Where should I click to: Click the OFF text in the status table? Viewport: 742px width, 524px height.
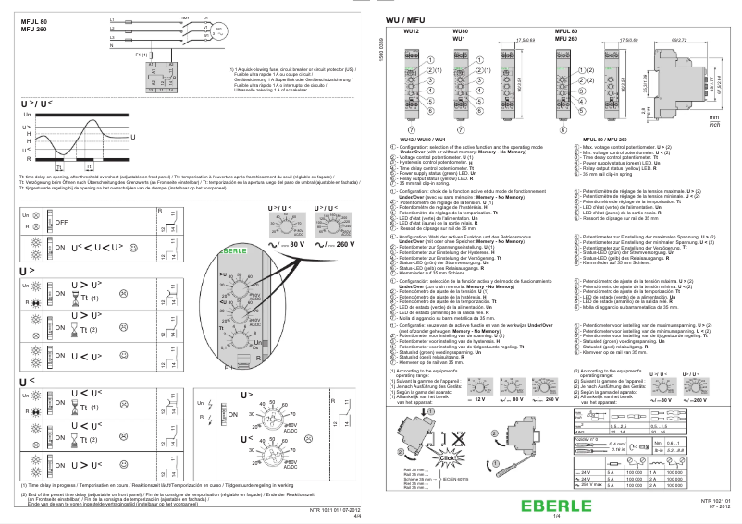(x=63, y=223)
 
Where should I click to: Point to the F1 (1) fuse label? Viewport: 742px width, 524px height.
(x=141, y=55)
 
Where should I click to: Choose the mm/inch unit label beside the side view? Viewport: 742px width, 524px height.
(x=714, y=121)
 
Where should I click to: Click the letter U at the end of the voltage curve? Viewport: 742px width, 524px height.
(x=133, y=138)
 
